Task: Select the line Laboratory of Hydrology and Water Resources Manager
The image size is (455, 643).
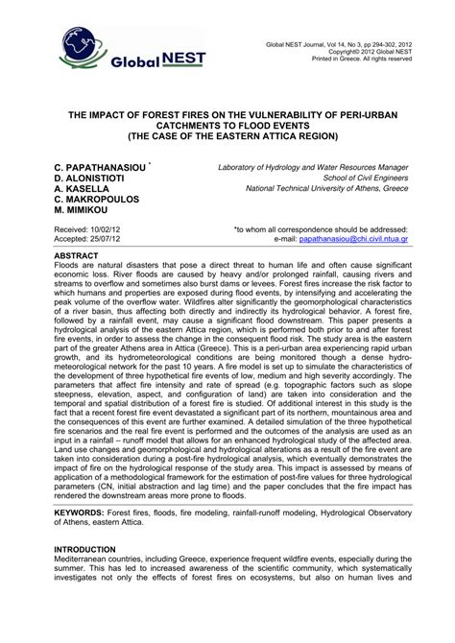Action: (x=313, y=167)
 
